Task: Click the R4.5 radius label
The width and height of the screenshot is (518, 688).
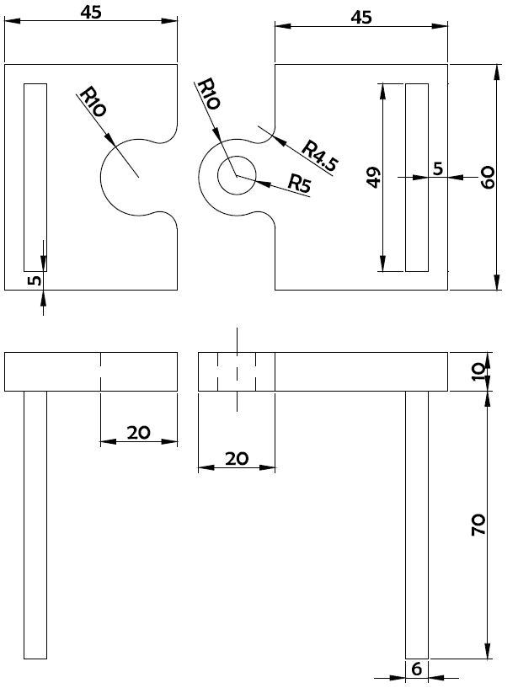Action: click(320, 156)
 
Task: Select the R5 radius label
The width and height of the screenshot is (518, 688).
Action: click(300, 183)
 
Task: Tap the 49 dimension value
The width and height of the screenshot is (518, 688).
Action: click(373, 178)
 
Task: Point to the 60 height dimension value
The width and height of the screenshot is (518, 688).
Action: click(488, 178)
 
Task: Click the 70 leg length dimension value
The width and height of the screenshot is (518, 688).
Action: click(478, 525)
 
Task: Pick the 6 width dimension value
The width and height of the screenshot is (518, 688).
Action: click(417, 669)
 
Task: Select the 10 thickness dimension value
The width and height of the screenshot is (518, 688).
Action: click(479, 372)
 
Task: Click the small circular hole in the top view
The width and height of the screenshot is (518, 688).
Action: click(237, 157)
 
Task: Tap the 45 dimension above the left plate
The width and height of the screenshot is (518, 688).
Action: click(91, 13)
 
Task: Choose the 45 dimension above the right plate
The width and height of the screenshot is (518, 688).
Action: click(361, 17)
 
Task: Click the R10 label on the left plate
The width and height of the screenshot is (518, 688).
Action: click(93, 102)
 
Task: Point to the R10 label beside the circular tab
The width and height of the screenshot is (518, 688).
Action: click(208, 93)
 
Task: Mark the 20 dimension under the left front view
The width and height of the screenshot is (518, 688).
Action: click(139, 433)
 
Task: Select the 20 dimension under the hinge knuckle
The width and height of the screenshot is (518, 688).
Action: click(237, 459)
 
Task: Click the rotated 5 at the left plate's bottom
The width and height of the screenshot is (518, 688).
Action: click(35, 280)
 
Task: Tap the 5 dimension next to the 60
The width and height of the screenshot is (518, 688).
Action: click(438, 168)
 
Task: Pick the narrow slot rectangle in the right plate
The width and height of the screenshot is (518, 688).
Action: click(406, 178)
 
